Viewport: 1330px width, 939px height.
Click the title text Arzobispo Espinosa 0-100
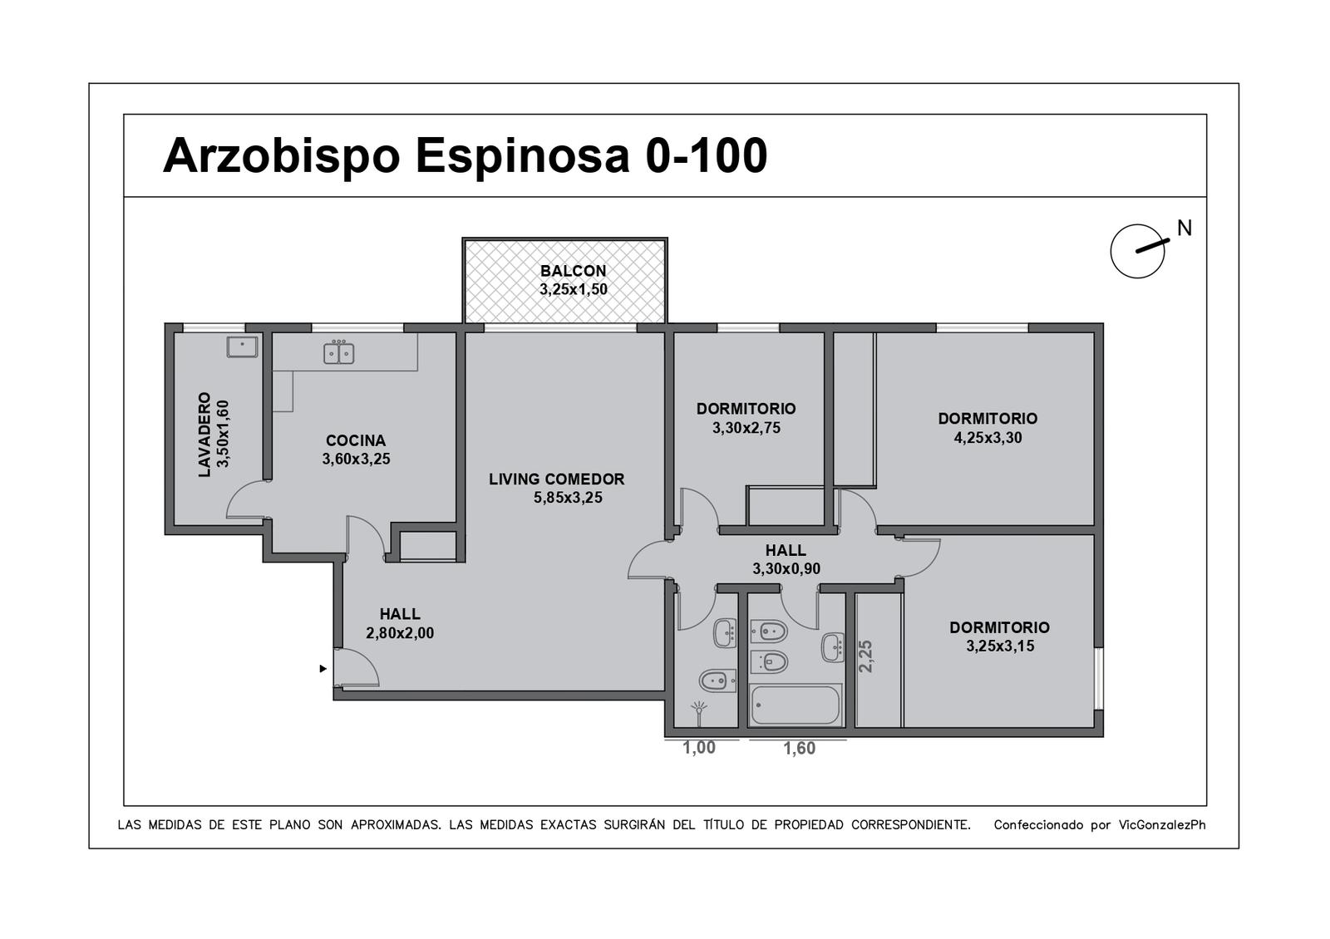pos(465,155)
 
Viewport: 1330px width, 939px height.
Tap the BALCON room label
pos(573,271)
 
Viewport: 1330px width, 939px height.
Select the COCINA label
pos(356,440)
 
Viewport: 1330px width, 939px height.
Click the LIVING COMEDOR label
pos(556,479)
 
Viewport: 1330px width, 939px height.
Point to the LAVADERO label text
pos(204,434)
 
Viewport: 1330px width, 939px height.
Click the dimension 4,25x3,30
pos(988,438)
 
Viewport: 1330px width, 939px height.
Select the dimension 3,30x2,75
pos(746,428)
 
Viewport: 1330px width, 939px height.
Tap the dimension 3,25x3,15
pos(1000,646)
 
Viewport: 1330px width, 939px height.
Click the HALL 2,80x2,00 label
pos(400,623)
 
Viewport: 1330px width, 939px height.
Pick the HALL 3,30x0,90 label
pos(786,559)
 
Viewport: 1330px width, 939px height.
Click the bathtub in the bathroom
pos(795,705)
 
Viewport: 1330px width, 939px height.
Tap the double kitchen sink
pos(339,352)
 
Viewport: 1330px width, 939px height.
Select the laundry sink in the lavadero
pos(242,347)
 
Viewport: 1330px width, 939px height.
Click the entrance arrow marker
pos(323,669)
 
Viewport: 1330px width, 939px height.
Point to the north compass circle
pos(1137,251)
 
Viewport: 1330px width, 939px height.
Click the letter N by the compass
pos(1185,228)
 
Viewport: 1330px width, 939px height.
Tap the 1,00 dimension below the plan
pos(699,748)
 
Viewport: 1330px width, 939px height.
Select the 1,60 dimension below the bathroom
pos(799,749)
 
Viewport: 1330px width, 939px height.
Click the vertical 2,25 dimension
pos(866,656)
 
